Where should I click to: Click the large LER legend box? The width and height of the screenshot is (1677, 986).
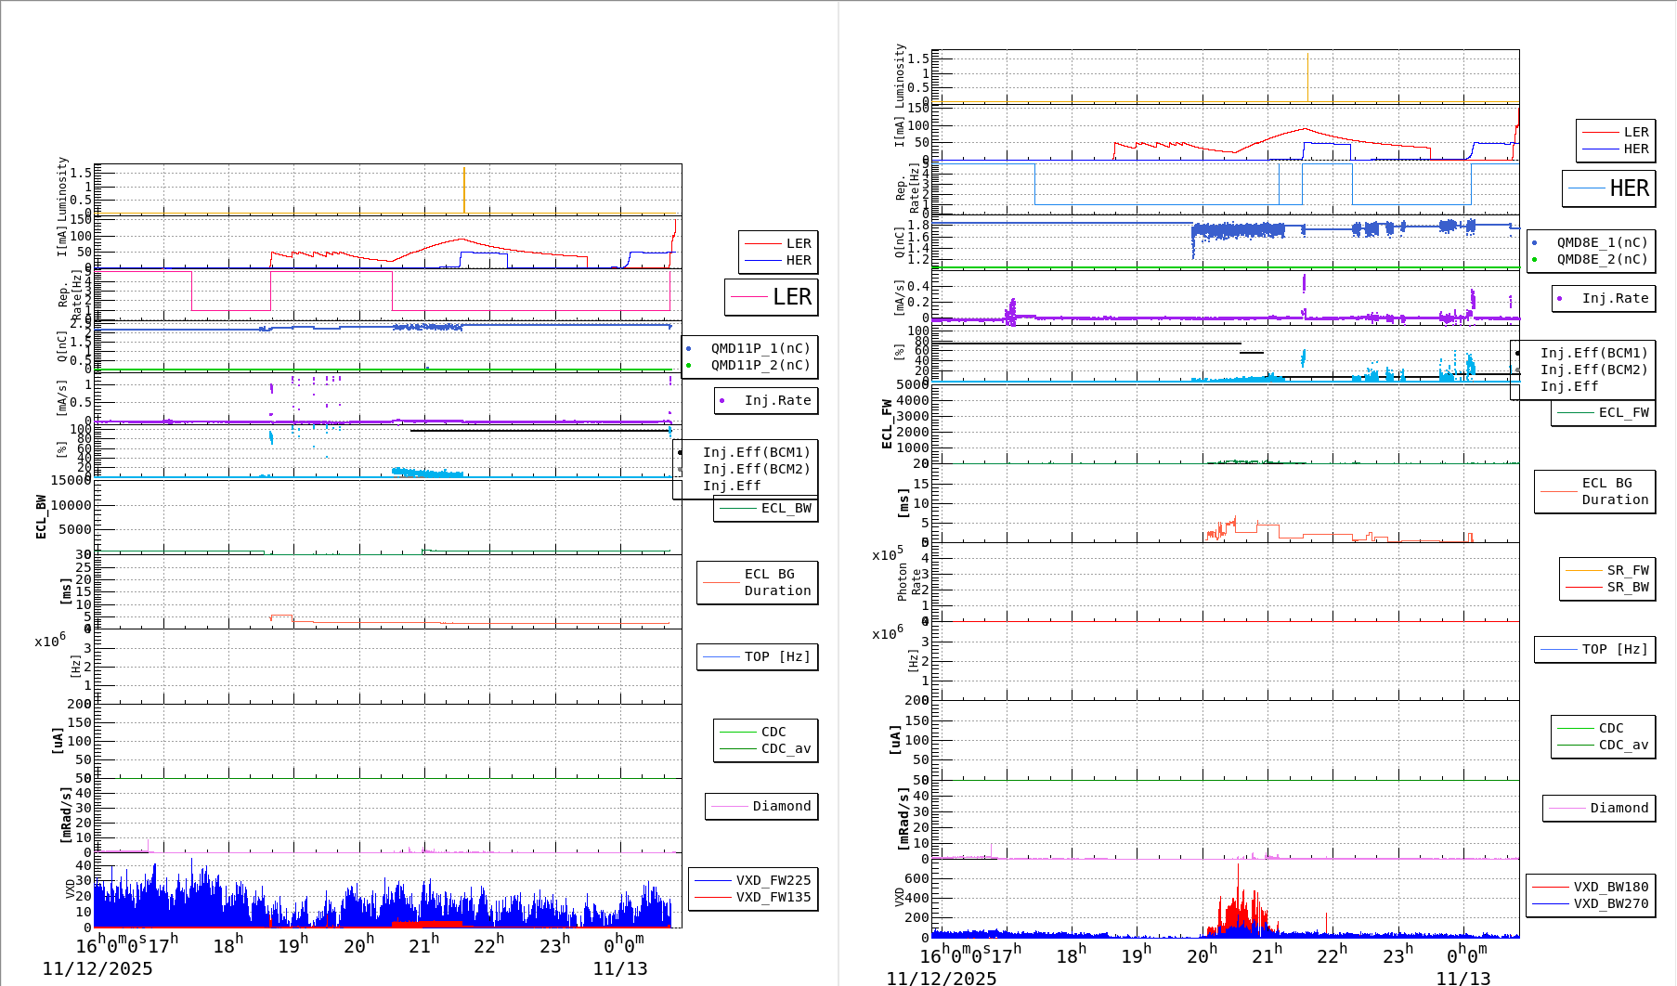(x=772, y=297)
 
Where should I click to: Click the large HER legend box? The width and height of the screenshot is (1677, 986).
(x=1609, y=188)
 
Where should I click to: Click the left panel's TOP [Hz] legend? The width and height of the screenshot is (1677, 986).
(x=758, y=656)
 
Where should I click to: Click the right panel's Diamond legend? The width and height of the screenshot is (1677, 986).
(x=1599, y=808)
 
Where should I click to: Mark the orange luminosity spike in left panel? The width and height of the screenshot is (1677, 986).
(x=464, y=190)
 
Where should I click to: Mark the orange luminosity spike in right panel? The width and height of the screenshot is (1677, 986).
(x=1307, y=77)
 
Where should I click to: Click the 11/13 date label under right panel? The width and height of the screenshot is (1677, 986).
(x=1462, y=978)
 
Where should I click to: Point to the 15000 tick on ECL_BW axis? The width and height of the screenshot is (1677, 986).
(x=71, y=480)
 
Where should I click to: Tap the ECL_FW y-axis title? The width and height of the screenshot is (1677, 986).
(x=888, y=424)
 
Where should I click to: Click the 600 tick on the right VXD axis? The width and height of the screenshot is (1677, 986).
(x=916, y=878)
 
